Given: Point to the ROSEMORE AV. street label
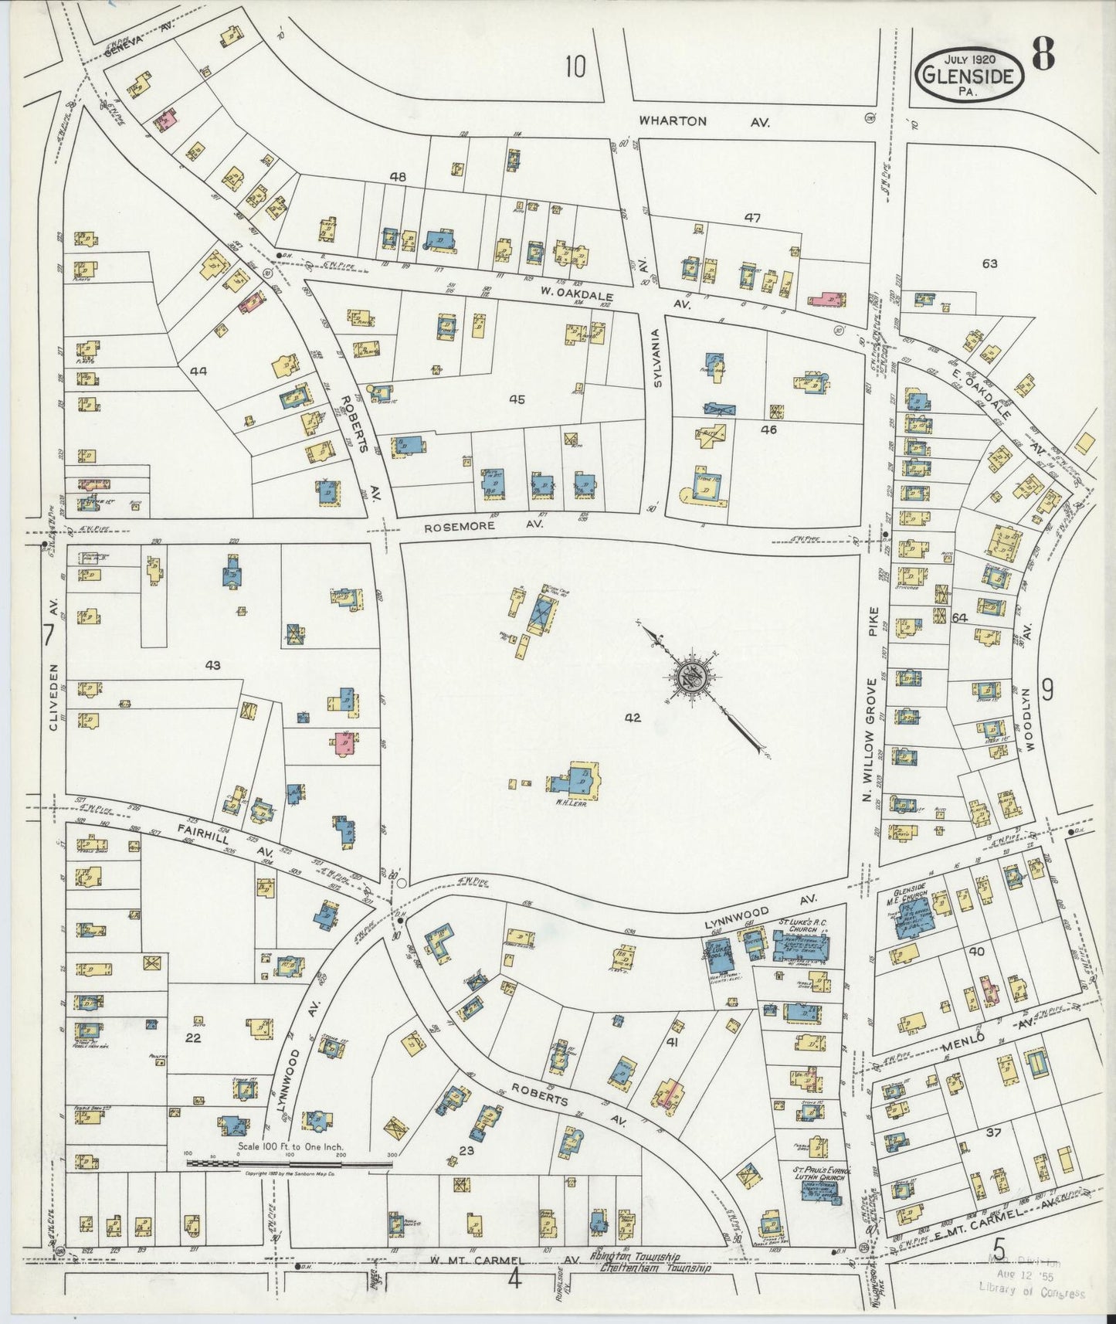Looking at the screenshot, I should coord(484,525).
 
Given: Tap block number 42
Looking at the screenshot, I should coord(633,718).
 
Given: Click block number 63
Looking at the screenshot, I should coord(989,263).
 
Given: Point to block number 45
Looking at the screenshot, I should coord(517,399).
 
